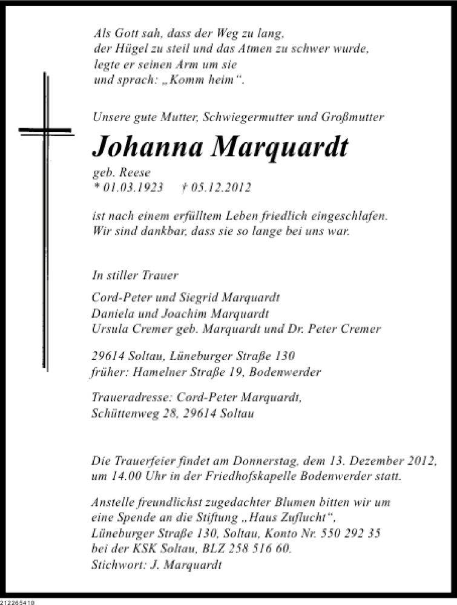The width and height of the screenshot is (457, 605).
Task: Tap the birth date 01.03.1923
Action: [x=133, y=188]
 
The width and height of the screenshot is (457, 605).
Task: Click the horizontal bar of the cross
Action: [x=45, y=131]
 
